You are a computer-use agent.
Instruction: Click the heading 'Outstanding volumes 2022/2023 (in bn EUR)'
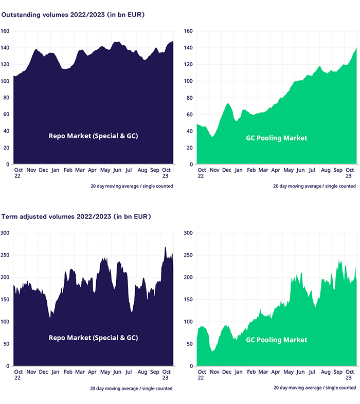tap(73, 15)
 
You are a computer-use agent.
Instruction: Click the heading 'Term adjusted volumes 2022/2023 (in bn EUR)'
tap(76, 217)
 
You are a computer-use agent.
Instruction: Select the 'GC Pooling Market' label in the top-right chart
tap(276, 138)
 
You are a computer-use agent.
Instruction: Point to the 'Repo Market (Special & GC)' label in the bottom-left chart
tap(93, 338)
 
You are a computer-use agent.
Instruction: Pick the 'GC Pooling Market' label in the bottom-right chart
tap(276, 340)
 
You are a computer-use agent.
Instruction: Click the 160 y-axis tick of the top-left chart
tap(6, 31)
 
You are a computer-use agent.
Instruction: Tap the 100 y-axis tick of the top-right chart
tap(188, 81)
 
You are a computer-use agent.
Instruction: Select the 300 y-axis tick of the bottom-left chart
tap(6, 233)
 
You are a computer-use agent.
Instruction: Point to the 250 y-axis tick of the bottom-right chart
tap(188, 255)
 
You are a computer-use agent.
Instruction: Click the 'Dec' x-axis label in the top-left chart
tap(43, 170)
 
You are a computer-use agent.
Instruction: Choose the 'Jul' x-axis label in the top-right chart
tap(312, 170)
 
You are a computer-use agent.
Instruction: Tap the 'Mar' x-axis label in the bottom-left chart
tap(80, 371)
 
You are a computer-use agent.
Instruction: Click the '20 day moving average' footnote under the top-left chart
tap(131, 186)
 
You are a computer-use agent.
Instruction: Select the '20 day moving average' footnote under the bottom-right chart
tap(314, 388)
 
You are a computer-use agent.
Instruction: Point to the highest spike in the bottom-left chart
tap(166, 247)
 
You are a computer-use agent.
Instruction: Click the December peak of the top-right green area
tap(228, 104)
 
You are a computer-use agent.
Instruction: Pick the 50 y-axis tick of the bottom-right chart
tap(190, 344)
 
